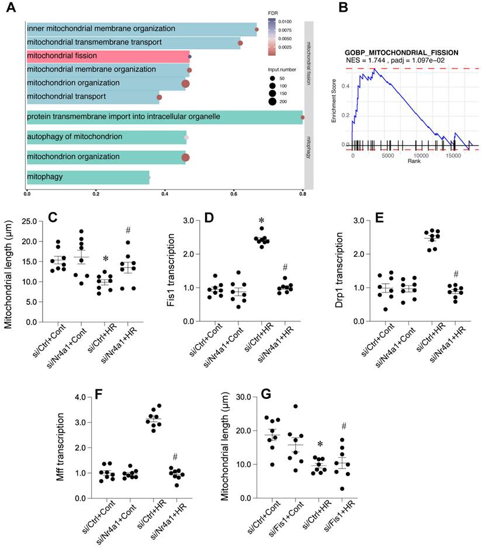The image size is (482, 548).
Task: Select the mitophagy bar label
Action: point(46,177)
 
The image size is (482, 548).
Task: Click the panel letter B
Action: point(344,8)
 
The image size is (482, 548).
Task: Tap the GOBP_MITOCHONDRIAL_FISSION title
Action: point(401,53)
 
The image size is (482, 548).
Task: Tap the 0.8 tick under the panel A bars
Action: point(303,194)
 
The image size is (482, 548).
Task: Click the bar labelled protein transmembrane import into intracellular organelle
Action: point(164,117)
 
